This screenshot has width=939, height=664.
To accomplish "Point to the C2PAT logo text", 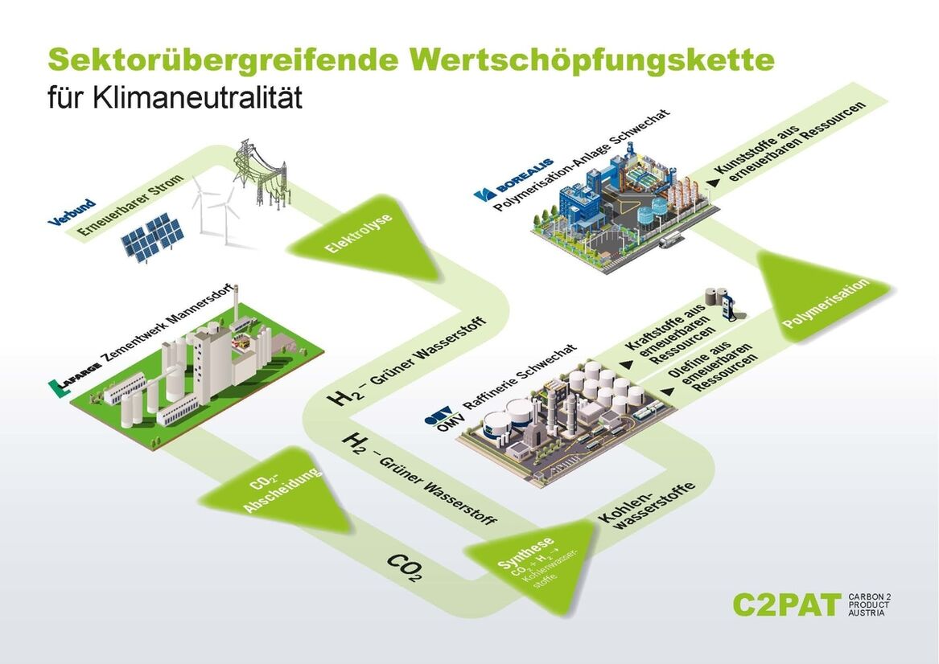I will (785, 604).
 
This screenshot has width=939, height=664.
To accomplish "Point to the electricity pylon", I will (259, 174).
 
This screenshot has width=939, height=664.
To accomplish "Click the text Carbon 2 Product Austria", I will (870, 605).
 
